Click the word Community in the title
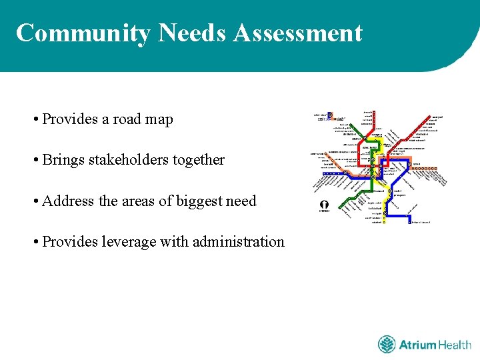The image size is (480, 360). point(83,33)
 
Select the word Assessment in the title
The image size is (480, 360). point(298,33)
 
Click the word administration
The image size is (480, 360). point(239,241)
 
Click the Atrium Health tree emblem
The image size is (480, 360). point(387,345)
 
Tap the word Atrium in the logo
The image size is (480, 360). point(417,345)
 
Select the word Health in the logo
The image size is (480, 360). point(455,345)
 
